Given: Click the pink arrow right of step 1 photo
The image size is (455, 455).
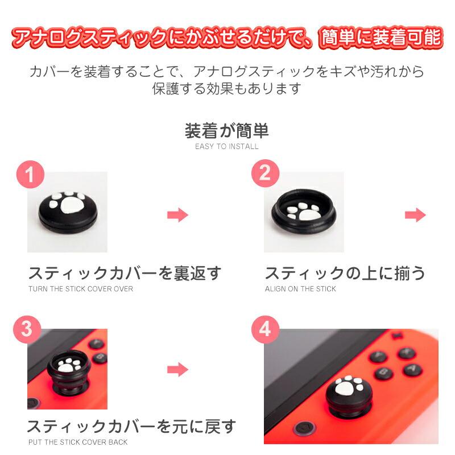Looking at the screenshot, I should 177,215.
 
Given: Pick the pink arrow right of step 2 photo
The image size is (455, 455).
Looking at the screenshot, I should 415,215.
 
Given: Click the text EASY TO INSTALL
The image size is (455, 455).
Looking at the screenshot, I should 227,146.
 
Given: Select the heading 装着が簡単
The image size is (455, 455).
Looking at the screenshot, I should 227,130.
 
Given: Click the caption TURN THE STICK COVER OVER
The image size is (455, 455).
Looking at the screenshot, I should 81,289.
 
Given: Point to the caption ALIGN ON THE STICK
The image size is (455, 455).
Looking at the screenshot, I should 300,289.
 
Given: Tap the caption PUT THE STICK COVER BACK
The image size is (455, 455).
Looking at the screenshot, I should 78,442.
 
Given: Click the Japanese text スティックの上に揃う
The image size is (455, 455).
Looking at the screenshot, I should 345,274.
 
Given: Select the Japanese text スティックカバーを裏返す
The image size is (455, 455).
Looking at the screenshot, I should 124,274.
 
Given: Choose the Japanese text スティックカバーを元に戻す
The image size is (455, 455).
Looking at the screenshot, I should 131,427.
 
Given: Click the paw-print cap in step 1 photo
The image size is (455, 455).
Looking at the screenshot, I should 67,210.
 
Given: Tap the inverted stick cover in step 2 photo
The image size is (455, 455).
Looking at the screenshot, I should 304,213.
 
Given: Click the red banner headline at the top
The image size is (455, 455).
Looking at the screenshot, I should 227,38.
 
